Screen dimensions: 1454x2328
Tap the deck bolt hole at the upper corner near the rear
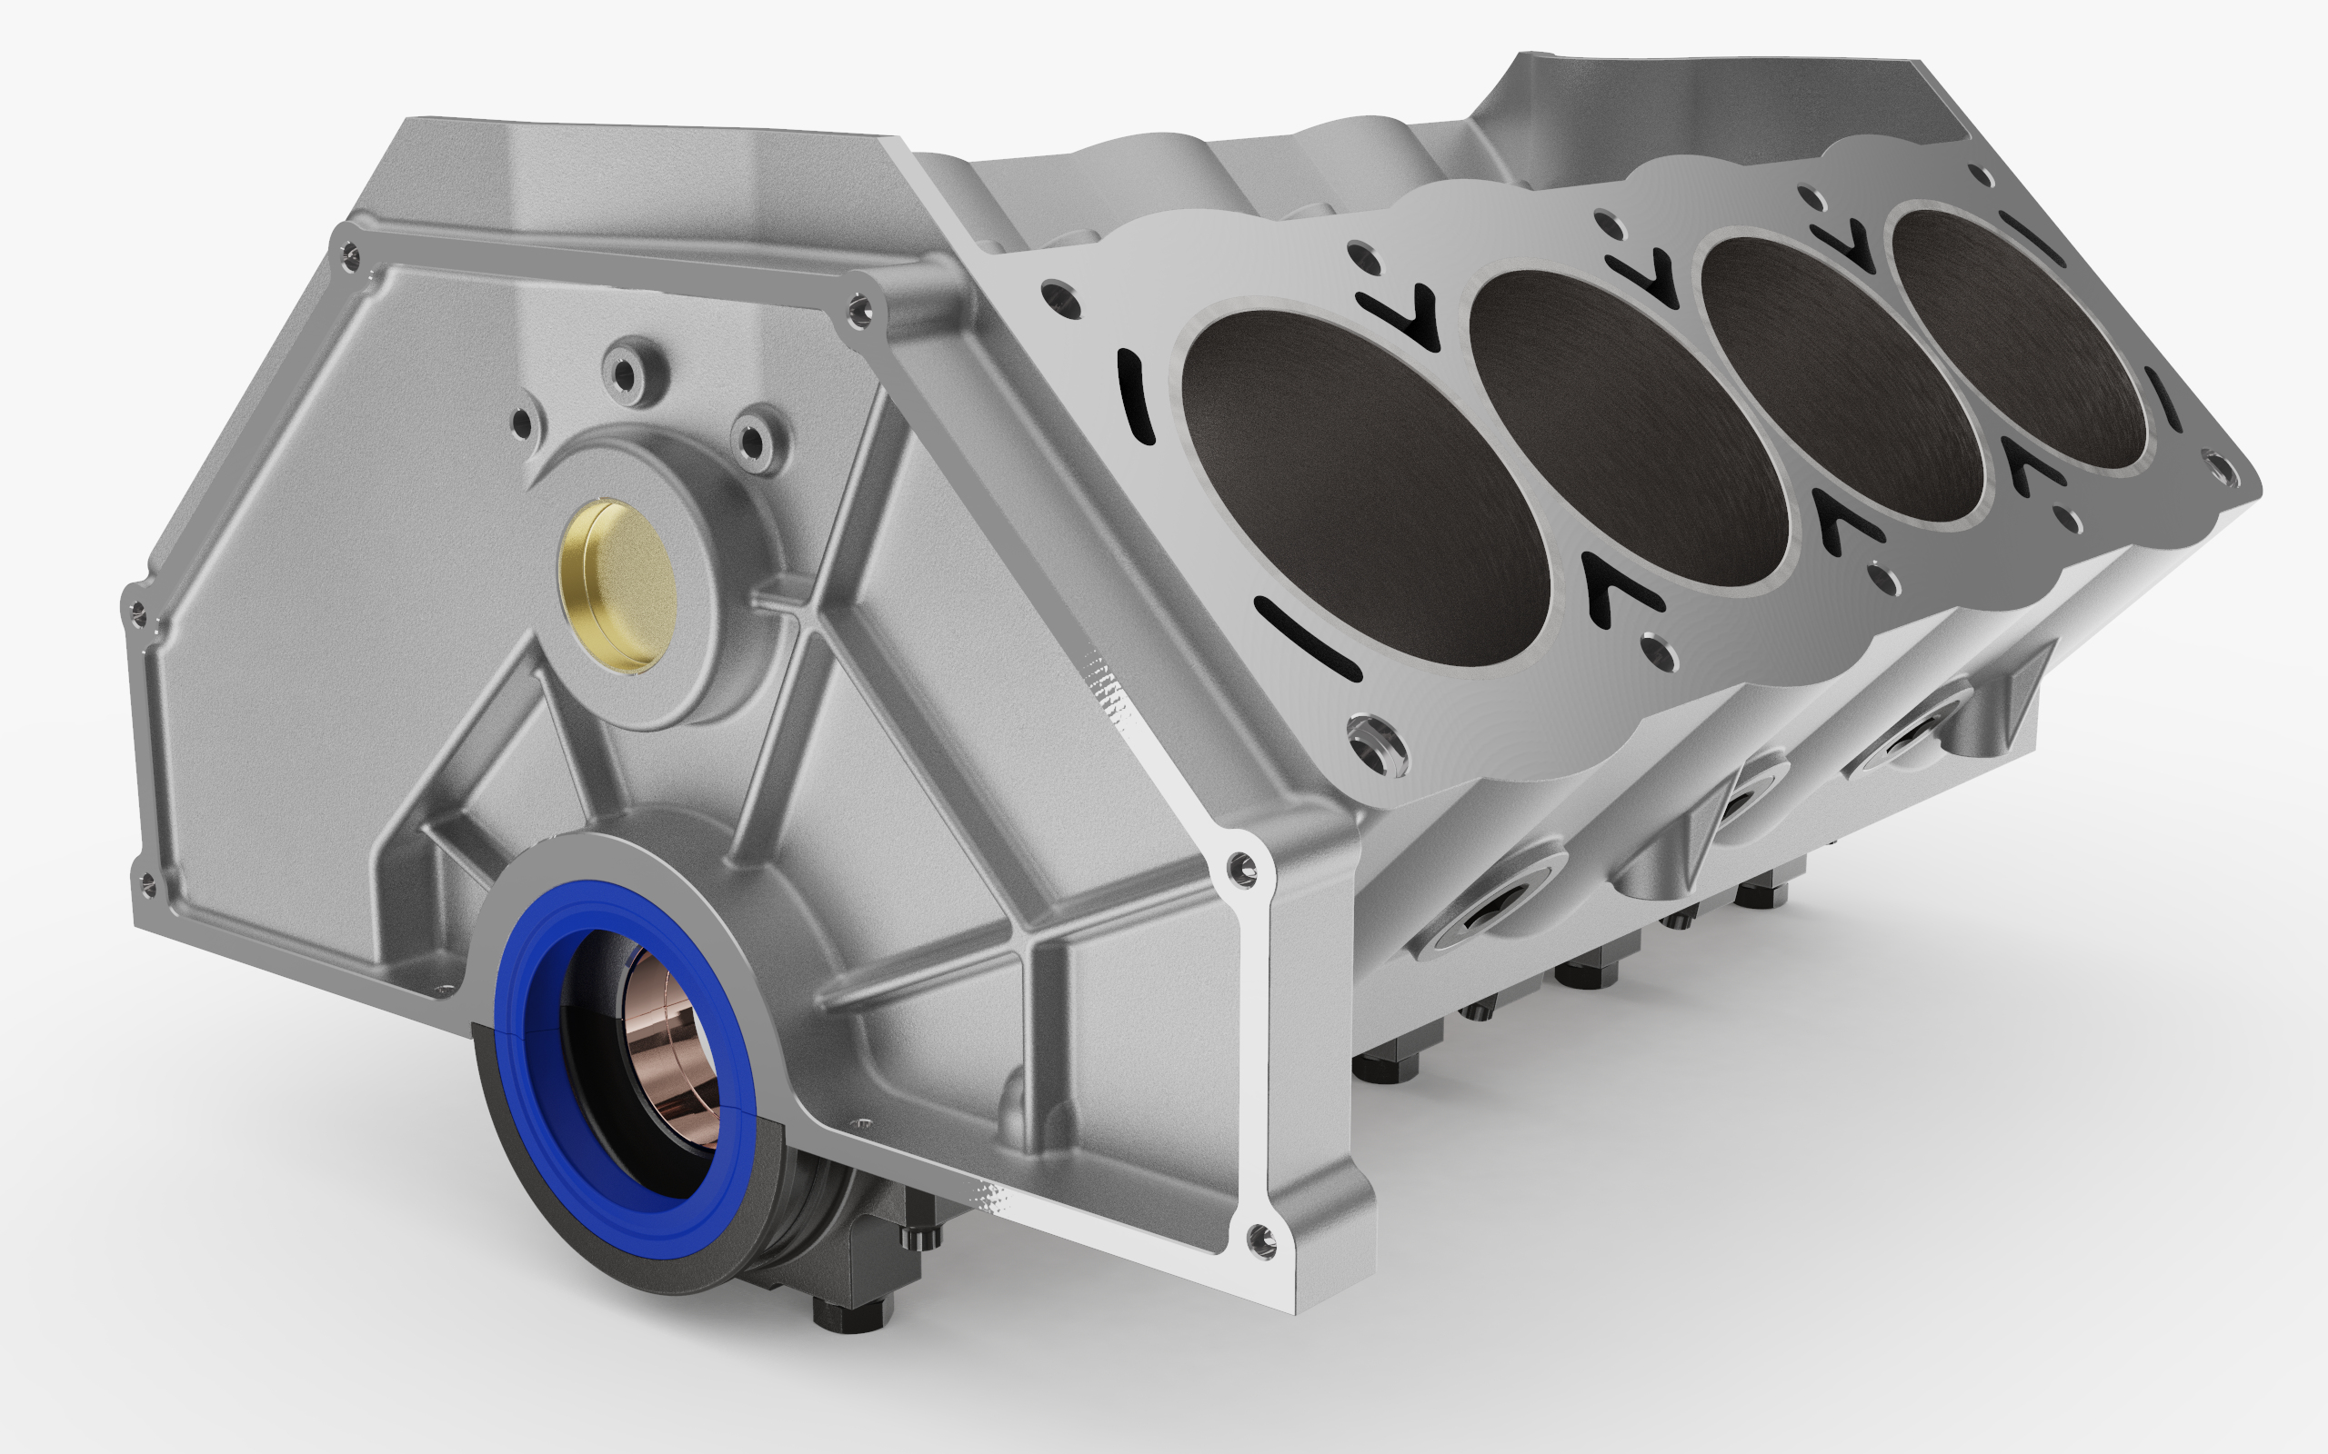click(1058, 294)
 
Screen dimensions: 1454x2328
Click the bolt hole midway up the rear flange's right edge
click(1243, 869)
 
